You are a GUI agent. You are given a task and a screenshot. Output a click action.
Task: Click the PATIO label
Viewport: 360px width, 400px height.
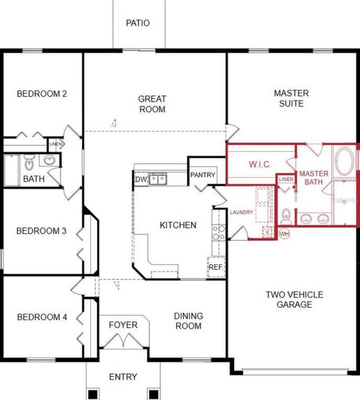pyautogui.click(x=138, y=23)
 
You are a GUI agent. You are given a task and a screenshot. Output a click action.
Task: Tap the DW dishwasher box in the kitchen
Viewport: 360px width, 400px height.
pyautogui.click(x=141, y=179)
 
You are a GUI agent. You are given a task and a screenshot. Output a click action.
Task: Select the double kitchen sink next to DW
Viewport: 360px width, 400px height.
pyautogui.click(x=158, y=179)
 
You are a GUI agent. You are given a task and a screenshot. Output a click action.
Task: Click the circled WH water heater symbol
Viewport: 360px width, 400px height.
pyautogui.click(x=284, y=234)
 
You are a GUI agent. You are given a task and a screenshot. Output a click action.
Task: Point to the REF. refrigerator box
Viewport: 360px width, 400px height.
pyautogui.click(x=216, y=267)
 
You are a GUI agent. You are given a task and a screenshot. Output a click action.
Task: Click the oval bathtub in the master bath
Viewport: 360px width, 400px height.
pyautogui.click(x=345, y=161)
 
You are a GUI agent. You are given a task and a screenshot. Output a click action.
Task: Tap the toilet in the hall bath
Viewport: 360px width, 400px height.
pyautogui.click(x=29, y=163)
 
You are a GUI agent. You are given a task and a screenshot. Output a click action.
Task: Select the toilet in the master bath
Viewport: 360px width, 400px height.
pyautogui.click(x=286, y=217)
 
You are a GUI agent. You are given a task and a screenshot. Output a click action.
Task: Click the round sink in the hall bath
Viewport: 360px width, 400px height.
pyautogui.click(x=50, y=161)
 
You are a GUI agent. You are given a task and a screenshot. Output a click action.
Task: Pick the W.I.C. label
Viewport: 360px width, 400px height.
pyautogui.click(x=260, y=164)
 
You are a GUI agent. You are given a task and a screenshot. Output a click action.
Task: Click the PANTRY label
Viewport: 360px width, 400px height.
pyautogui.click(x=203, y=175)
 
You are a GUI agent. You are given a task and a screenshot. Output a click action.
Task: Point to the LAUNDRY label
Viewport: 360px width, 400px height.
pyautogui.click(x=241, y=212)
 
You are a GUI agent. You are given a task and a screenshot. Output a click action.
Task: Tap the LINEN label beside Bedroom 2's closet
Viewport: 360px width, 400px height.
pyautogui.click(x=55, y=144)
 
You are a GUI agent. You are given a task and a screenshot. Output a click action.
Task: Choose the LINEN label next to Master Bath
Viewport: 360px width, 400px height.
pyautogui.click(x=286, y=179)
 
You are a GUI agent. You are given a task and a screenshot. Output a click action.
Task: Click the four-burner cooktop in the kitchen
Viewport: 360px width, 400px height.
pyautogui.click(x=219, y=232)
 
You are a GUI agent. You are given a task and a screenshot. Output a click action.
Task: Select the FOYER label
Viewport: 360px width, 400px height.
pyautogui.click(x=123, y=325)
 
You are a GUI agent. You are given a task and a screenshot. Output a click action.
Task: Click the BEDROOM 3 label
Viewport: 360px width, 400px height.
pyautogui.click(x=41, y=231)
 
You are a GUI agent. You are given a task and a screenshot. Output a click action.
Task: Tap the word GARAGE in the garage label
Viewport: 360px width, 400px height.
pyautogui.click(x=294, y=304)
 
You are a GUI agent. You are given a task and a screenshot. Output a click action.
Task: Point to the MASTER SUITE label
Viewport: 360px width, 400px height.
pyautogui.click(x=291, y=98)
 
